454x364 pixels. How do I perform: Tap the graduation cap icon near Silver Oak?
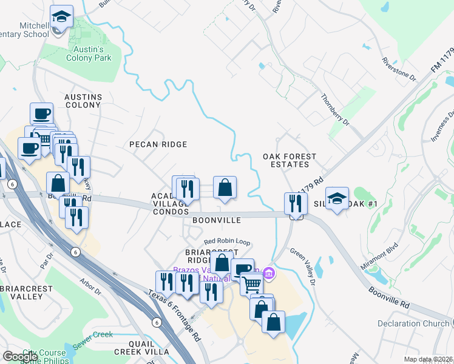337,198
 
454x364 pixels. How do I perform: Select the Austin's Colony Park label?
89,53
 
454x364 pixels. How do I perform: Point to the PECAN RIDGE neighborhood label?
158,144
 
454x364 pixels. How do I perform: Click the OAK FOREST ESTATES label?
290,160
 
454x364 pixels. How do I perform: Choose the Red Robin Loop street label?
227,241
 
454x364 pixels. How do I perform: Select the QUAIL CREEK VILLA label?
141,346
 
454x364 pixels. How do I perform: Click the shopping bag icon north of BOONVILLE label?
225,188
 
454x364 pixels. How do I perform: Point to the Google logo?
21,357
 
